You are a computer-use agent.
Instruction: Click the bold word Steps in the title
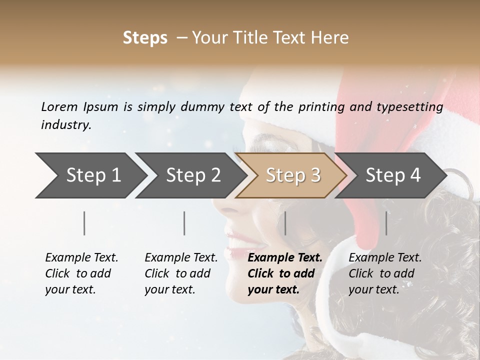145,38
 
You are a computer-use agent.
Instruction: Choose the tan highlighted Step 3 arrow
293,175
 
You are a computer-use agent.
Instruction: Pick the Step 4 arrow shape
393,175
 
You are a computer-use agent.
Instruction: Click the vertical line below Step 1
84,223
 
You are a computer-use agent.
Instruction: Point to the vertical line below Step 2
184,223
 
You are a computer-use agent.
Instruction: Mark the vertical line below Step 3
285,223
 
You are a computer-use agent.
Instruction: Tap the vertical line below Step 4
386,223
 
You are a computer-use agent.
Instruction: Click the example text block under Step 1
81,273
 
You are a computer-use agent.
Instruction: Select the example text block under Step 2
181,273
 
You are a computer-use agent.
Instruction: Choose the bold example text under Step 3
284,273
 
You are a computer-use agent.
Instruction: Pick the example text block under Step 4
385,273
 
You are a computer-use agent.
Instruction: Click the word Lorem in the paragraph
59,107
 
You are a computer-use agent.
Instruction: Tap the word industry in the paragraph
66,125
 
